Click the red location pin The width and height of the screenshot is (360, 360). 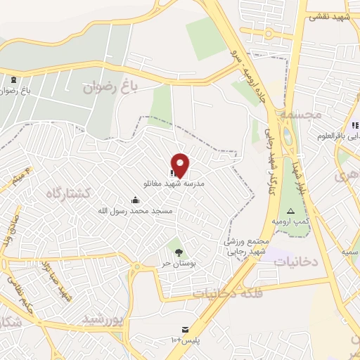click(x=181, y=164)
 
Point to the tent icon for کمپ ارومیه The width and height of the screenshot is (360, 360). click(x=290, y=211)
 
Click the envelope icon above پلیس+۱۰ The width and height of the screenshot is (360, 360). click(x=186, y=328)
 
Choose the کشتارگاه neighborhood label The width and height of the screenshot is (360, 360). click(x=70, y=194)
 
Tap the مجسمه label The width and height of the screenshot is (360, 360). click(x=299, y=112)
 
